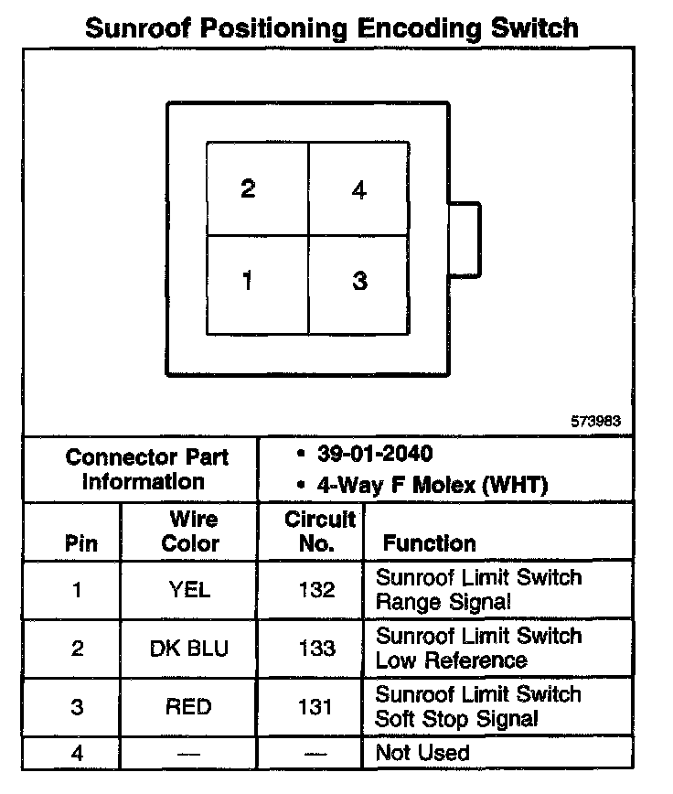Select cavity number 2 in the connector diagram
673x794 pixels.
tap(257, 189)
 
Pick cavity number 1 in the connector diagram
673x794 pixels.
tap(257, 282)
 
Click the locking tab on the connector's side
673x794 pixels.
tap(464, 238)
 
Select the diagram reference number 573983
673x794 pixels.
tap(594, 422)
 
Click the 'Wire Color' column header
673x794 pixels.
tap(190, 531)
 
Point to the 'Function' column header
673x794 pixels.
tap(429, 543)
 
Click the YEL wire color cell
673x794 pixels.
tap(189, 590)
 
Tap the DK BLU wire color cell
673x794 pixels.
tap(189, 649)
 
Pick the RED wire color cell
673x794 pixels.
tap(189, 707)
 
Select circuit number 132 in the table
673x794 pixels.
tap(316, 590)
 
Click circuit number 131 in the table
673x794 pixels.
tap(316, 707)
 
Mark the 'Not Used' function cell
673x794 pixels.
tap(422, 754)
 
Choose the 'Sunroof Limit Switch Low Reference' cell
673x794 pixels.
tap(478, 648)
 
